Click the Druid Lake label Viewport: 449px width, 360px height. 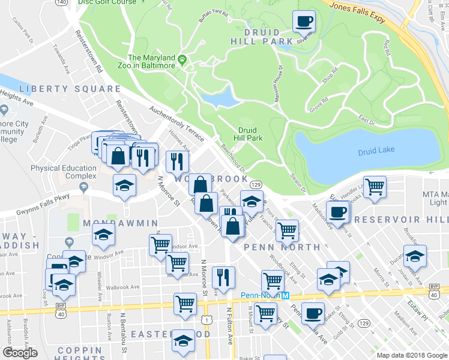[x=376, y=150]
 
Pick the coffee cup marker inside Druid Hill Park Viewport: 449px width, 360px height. [x=304, y=22]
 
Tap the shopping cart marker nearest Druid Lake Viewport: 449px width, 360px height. [x=375, y=187]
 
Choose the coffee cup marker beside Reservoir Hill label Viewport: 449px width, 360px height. [x=337, y=212]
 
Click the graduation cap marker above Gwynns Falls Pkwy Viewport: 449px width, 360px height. [x=124, y=185]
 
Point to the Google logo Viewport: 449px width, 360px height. [x=20, y=353]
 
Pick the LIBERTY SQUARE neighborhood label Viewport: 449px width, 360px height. [x=69, y=89]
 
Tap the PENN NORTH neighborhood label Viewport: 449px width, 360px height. [x=282, y=247]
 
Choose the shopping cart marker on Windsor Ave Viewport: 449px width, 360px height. [x=160, y=244]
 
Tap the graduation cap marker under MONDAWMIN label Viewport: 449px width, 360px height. [x=103, y=235]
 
